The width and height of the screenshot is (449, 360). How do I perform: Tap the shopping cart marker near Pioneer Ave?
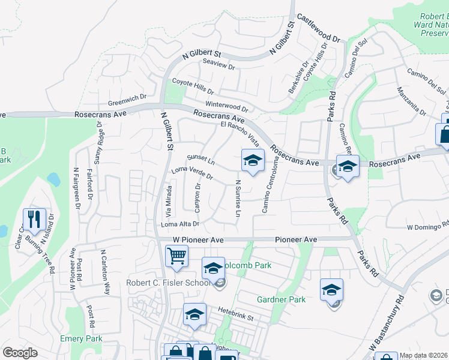[x=176, y=256]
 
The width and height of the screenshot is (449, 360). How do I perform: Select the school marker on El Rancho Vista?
[x=253, y=160]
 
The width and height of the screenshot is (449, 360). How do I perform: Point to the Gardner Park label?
[x=281, y=299]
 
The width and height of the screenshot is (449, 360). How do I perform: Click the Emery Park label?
[x=81, y=339]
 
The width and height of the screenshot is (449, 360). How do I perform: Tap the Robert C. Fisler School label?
[x=169, y=283]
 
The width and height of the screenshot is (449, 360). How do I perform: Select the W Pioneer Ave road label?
[x=198, y=239]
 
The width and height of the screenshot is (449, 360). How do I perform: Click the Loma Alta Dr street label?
[x=179, y=224]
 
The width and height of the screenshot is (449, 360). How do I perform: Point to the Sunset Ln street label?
[x=200, y=159]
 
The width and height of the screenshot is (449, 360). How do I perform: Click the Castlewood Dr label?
[x=318, y=28]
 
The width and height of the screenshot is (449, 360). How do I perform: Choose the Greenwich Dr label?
[x=127, y=97]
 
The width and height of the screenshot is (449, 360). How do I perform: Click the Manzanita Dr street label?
[x=411, y=101]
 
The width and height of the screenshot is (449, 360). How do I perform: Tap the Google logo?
[x=20, y=353]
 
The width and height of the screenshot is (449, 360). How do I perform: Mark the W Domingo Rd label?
[x=427, y=227]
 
